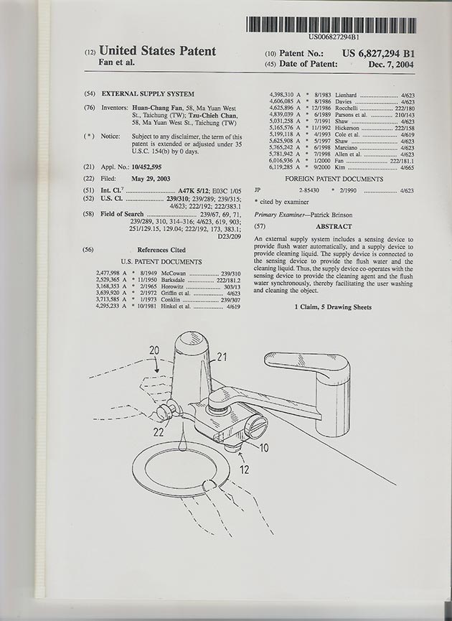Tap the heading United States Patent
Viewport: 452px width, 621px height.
(x=157, y=51)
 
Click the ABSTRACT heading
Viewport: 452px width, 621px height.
(x=334, y=226)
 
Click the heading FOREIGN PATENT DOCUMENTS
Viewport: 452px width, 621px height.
(x=334, y=178)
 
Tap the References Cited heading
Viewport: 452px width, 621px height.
(x=161, y=250)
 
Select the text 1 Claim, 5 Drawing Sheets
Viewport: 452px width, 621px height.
(x=335, y=307)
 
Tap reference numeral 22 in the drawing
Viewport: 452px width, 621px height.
(x=159, y=432)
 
